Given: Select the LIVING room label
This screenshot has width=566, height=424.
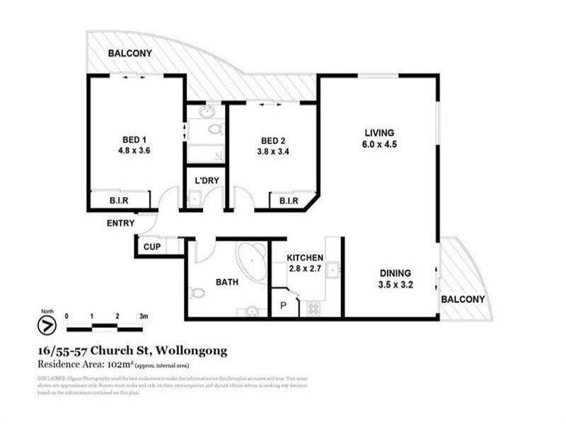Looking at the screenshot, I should pos(379,133).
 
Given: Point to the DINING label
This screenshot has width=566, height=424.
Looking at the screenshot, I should pos(395,273).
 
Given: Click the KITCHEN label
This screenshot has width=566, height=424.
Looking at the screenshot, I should pos(305,258).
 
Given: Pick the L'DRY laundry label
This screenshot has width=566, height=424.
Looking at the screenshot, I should pos(207,181).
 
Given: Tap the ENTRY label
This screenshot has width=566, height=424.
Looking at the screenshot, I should pos(121,223).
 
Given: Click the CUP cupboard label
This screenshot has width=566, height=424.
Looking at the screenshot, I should pos(152,247).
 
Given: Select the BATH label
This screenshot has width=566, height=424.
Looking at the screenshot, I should pos(226,281).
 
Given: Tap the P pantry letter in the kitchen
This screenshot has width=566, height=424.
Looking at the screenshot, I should pos(282,306).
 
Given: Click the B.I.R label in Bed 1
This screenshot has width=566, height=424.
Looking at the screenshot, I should pos(117,201).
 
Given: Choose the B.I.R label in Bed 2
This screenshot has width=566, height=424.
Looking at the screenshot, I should pos(289,201).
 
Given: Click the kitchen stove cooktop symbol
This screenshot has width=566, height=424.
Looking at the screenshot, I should pos(311,308).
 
